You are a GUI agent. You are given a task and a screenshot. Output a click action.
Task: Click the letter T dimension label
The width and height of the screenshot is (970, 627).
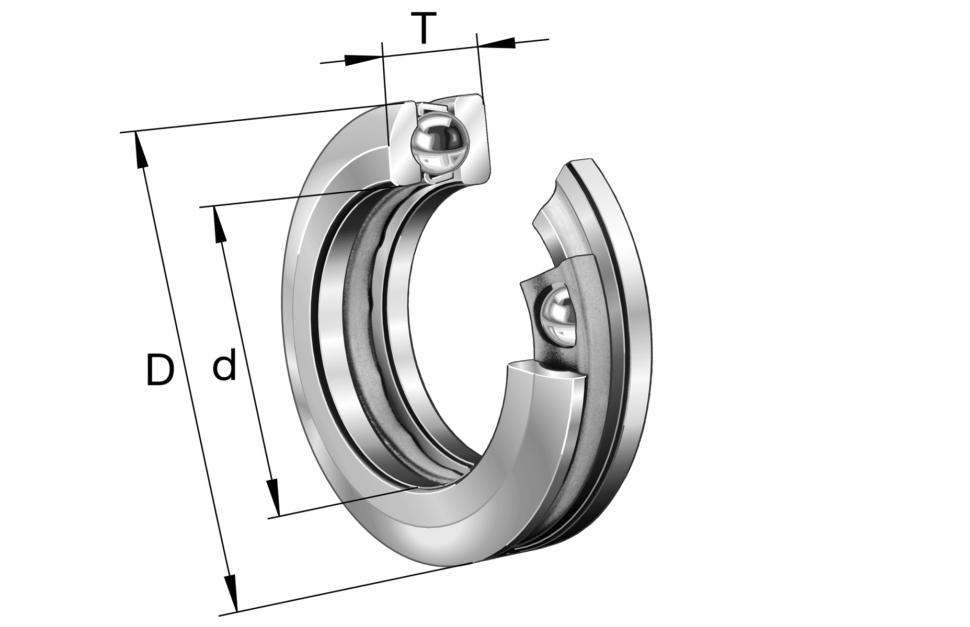(424, 30)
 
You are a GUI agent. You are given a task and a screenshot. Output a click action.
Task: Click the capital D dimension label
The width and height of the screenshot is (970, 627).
(159, 370)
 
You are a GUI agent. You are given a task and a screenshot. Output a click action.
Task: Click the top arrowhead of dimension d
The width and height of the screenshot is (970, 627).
(219, 225)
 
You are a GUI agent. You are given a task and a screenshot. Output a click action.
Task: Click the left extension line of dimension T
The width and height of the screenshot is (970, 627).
(386, 89)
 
